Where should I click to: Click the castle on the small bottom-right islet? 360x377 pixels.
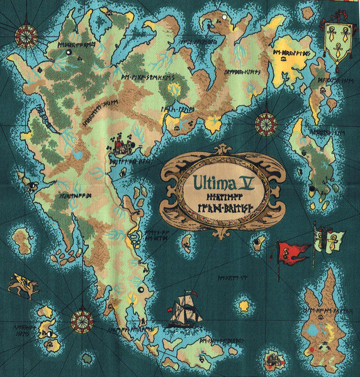coord(273,361)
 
